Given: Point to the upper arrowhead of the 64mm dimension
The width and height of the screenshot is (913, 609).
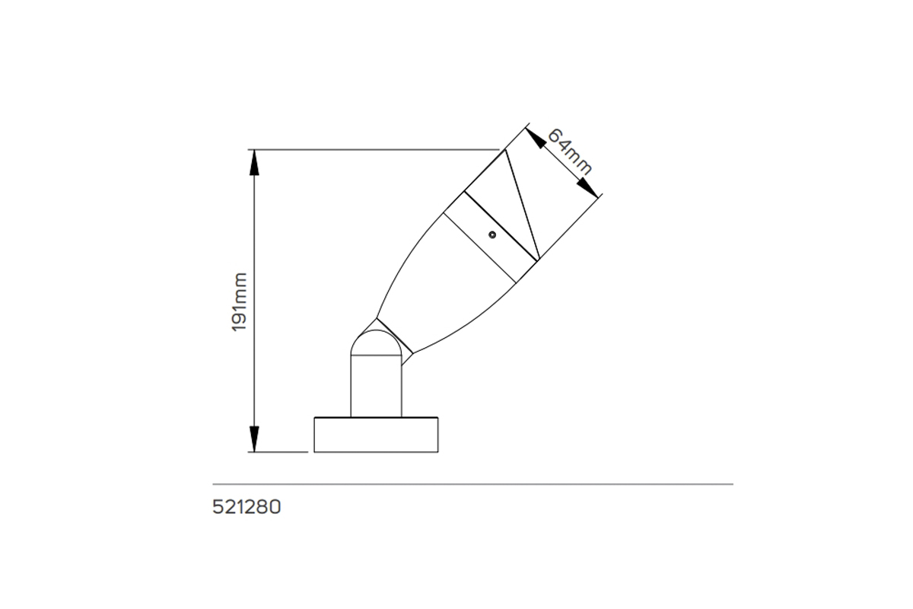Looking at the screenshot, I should (536, 138).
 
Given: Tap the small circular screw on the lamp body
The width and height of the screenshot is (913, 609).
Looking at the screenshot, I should (492, 234).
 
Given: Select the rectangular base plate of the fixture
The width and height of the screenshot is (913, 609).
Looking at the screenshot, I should (376, 435).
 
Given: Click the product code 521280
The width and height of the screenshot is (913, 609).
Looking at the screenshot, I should (247, 507).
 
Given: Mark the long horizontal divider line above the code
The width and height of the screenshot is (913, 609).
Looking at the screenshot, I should (472, 484).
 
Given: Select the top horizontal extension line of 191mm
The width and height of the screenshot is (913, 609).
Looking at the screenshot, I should (373, 149).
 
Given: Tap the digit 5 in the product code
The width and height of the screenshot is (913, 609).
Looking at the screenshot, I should (218, 507).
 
